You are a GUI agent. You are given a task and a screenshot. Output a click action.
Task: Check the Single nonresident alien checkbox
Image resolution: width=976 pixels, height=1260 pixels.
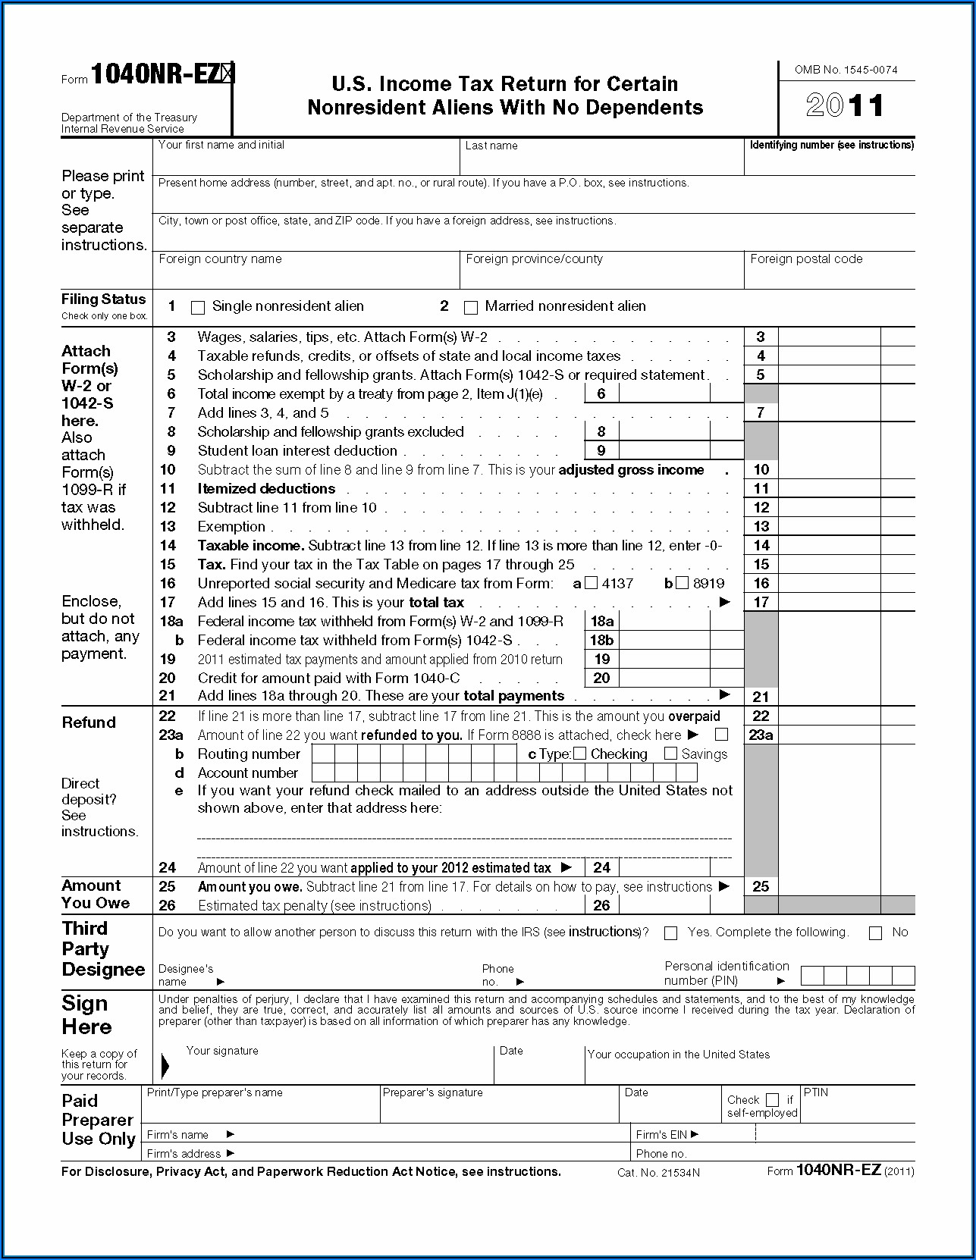[x=198, y=308]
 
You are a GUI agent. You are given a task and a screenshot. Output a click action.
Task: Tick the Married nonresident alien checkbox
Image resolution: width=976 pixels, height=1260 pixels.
[x=471, y=308]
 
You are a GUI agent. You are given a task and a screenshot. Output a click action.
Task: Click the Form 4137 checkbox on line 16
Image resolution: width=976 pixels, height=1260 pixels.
[x=592, y=583]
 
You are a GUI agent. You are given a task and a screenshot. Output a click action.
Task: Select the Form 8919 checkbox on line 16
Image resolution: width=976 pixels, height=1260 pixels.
[x=682, y=583]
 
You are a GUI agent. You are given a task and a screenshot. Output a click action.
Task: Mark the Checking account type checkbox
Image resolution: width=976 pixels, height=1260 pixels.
[x=580, y=754]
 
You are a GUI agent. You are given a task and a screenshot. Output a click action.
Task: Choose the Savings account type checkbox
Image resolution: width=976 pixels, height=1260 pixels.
[x=670, y=754]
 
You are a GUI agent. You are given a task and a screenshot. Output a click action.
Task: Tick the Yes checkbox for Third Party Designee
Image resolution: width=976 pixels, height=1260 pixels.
[x=670, y=933]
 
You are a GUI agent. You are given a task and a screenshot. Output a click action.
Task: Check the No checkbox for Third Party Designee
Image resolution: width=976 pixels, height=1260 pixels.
[x=875, y=933]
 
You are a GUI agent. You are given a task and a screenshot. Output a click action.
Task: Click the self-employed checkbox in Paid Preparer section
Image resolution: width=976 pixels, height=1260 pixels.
[x=772, y=1099]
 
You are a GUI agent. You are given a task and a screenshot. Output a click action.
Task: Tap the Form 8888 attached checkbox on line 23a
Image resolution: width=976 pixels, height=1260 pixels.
[x=721, y=735]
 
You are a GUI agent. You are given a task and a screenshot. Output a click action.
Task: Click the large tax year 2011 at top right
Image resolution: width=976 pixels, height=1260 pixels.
[x=845, y=105]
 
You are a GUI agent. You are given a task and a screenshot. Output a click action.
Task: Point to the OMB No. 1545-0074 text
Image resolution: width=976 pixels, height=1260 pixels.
[x=846, y=70]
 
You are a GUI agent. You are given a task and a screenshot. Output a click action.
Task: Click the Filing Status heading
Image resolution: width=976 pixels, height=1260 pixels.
[x=103, y=299]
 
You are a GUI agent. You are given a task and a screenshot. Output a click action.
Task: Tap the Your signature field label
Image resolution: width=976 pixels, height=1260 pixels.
[x=222, y=1051]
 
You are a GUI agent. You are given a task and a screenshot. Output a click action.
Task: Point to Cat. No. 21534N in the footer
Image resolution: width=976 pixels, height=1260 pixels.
[x=658, y=1173]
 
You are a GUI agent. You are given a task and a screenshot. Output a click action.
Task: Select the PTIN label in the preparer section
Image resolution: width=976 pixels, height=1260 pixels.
[x=815, y=1092]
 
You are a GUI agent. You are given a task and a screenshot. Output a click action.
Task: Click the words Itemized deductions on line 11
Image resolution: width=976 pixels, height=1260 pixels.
[x=266, y=489]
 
